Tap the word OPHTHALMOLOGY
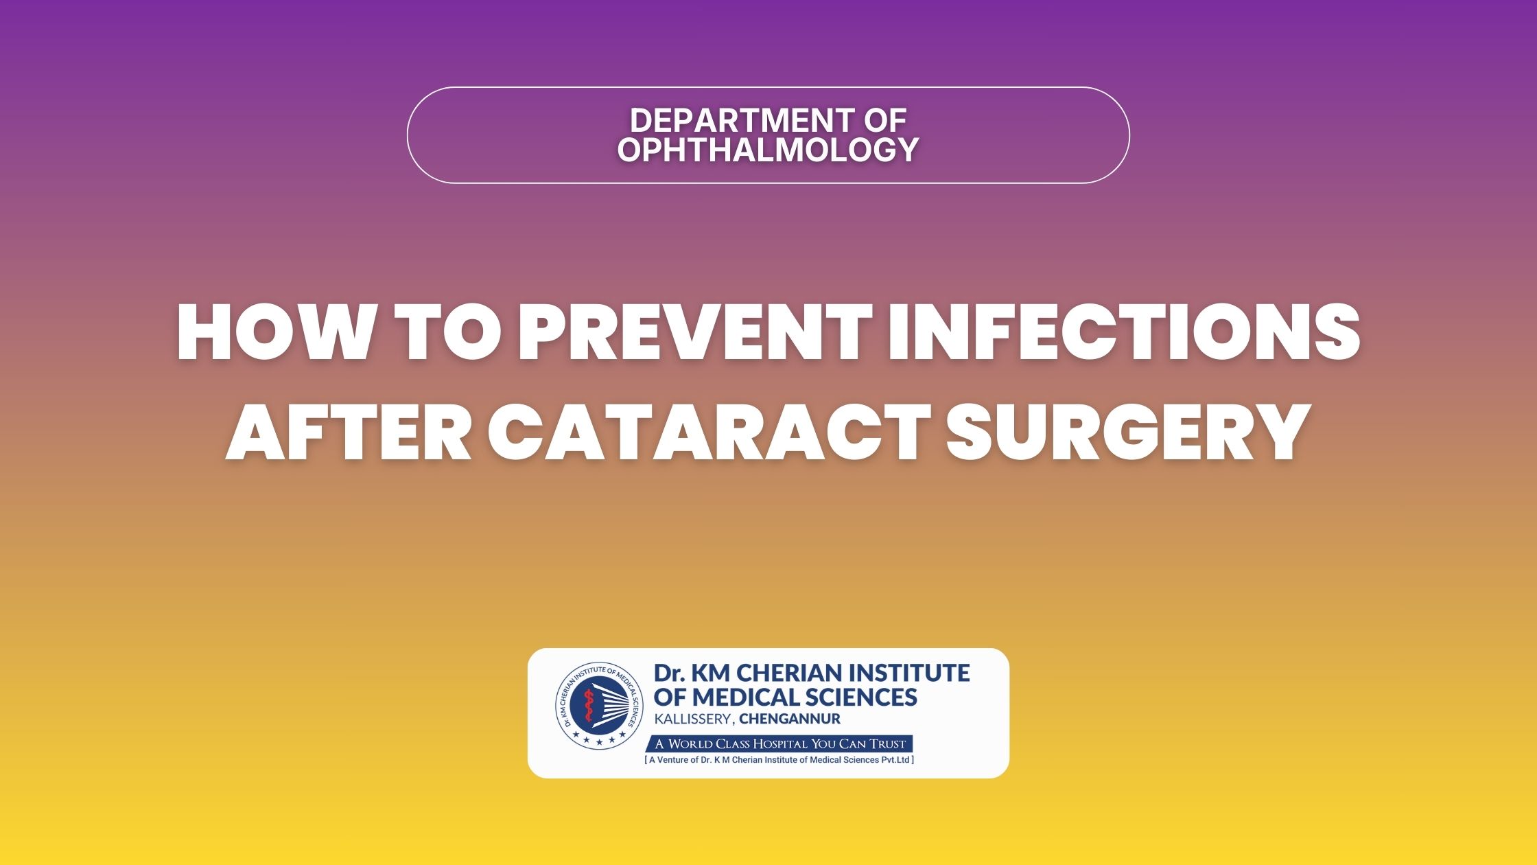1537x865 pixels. [768, 150]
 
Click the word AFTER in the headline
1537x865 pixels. [349, 433]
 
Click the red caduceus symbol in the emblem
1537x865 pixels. [587, 708]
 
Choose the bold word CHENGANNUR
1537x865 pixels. [790, 719]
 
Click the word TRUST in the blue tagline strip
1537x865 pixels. [888, 743]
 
